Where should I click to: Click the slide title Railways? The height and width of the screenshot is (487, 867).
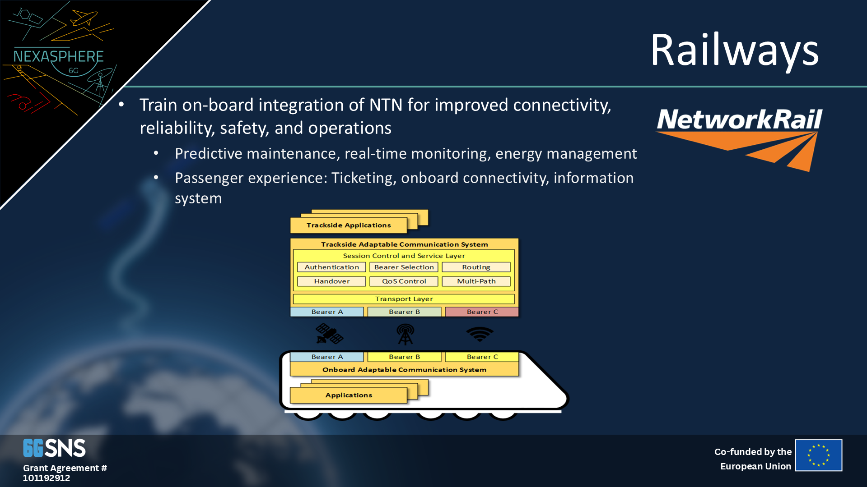coord(734,50)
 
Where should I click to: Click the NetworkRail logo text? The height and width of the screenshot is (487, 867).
coord(739,119)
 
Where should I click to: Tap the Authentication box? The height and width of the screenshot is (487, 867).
coord(331,267)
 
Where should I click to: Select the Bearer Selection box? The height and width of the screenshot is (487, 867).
coord(404,267)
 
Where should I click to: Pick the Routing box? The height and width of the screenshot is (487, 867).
coord(476,267)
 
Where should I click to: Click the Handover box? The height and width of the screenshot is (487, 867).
coord(331,281)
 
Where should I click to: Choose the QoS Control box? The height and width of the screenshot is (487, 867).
coord(404,281)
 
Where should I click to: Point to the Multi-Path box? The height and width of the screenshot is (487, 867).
coord(476,281)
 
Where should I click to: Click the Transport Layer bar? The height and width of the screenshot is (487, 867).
coord(404,299)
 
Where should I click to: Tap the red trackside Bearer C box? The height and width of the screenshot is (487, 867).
coord(482,312)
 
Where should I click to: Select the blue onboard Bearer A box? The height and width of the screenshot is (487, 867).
coord(327,357)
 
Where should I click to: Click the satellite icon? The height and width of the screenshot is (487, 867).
coord(329,334)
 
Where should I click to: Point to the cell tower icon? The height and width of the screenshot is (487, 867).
coord(405,334)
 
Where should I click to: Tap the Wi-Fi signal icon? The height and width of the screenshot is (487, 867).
coord(480,334)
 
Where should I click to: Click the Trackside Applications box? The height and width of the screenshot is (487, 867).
coord(349,225)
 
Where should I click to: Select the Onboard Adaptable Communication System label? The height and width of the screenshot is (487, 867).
coord(404,370)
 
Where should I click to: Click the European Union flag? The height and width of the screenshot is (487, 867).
coord(819,455)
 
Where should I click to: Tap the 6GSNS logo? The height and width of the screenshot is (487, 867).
coord(54,448)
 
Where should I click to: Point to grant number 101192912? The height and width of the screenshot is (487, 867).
coord(47,478)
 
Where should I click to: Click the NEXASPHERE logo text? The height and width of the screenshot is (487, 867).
coord(58,56)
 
